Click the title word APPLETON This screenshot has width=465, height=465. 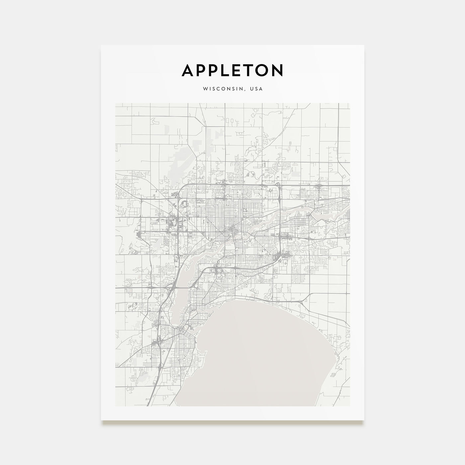pyautogui.click(x=232, y=70)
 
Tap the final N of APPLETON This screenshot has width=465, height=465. pyautogui.click(x=278, y=70)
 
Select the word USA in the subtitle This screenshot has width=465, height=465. pyautogui.click(x=256, y=89)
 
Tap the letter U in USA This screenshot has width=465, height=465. pyautogui.click(x=252, y=89)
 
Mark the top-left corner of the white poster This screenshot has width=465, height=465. pyautogui.click(x=101, y=45)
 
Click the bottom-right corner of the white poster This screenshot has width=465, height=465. pyautogui.click(x=364, y=420)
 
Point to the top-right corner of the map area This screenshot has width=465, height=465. pyautogui.click(x=349, y=103)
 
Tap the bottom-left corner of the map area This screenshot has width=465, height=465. pyautogui.click(x=116, y=406)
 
